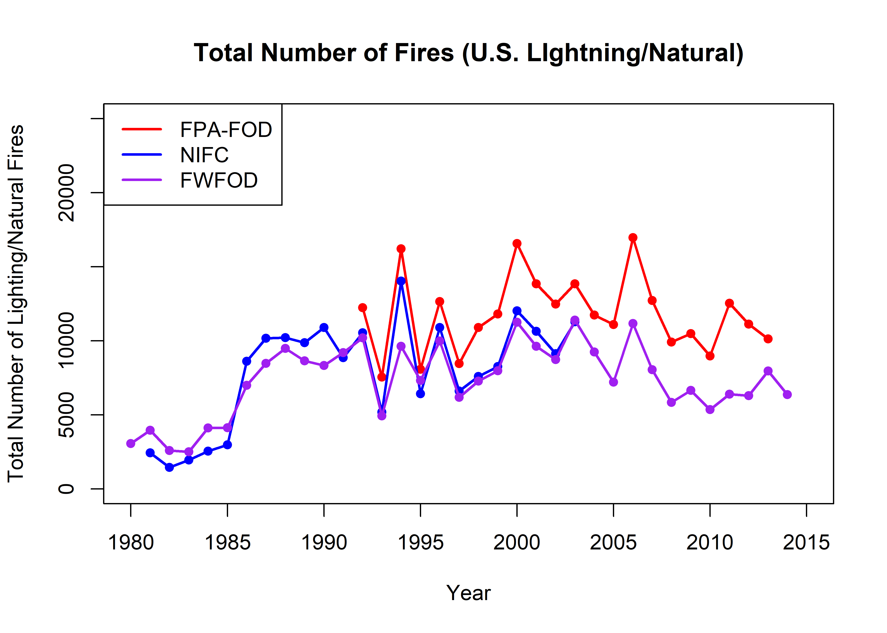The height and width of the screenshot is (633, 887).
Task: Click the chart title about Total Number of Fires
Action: point(468,53)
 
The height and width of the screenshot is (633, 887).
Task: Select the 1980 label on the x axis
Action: point(131,542)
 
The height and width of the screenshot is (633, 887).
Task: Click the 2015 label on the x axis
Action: point(806,542)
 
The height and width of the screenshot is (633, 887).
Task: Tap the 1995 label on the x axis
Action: point(420,542)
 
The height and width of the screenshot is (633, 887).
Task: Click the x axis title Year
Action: point(468,593)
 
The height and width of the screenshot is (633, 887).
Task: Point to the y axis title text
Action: point(16,303)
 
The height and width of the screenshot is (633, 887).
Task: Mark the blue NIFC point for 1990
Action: point(324,327)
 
